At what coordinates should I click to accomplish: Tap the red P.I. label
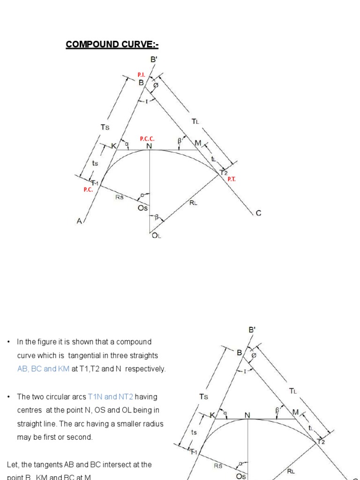coord(142,75)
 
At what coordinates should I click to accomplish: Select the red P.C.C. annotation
coord(147,139)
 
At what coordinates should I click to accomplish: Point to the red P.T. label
coord(232,179)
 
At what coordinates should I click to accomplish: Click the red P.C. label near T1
coord(89,190)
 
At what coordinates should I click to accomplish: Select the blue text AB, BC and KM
coord(43,369)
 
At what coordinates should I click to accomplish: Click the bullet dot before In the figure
coord(9,342)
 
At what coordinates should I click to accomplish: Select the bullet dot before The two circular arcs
coord(9,397)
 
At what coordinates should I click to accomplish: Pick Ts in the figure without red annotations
coord(203,397)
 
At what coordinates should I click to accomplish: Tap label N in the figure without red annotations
coord(247,415)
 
